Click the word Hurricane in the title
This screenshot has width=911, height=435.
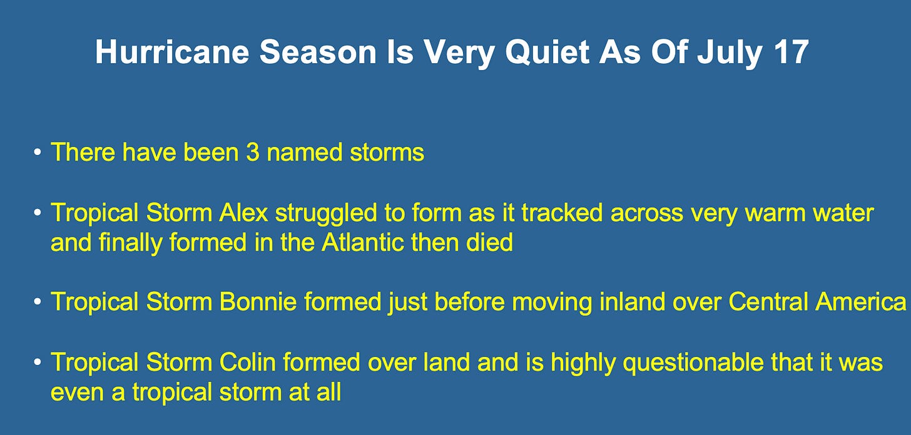coord(172,52)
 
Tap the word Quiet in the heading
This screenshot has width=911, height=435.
coord(547,52)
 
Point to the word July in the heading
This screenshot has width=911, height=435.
coord(730,54)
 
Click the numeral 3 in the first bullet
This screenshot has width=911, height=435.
coord(253,152)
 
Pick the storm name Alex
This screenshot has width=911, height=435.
coord(243,213)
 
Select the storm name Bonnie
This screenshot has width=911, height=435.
coord(258,302)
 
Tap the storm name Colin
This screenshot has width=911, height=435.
coord(248,362)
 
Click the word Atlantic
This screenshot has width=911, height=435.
coord(363,242)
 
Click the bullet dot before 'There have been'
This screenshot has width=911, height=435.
coord(38,152)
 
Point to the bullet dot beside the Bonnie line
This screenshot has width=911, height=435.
coord(38,302)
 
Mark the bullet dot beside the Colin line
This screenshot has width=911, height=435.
coord(38,362)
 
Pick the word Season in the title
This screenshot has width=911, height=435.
coord(318,52)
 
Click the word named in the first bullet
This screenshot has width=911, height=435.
coord(304,152)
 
